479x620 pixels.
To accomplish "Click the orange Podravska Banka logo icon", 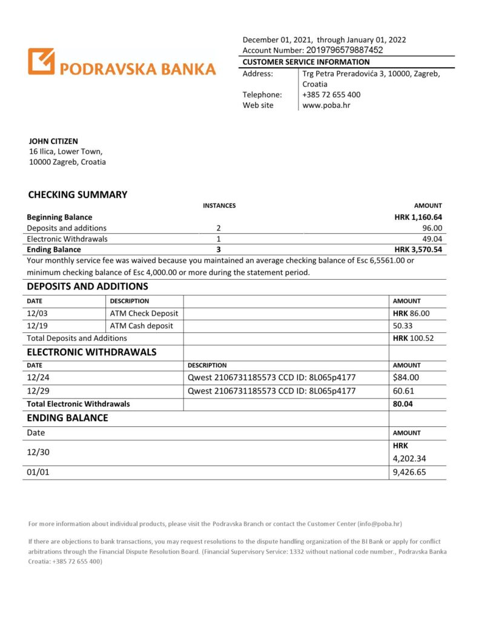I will click(41, 62).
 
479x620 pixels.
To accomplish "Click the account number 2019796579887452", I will click(345, 51).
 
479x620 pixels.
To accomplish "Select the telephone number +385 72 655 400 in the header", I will click(331, 94).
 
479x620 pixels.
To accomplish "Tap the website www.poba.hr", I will click(326, 105).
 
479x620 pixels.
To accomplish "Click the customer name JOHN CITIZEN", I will click(53, 141).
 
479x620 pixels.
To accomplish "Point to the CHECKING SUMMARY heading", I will click(78, 195).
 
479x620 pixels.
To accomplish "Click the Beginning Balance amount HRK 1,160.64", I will click(418, 217).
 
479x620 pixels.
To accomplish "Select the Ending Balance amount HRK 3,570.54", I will click(418, 249).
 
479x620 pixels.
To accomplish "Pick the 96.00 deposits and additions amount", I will click(432, 228).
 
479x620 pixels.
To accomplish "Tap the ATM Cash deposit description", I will click(141, 326).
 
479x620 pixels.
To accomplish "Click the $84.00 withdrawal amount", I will click(406, 378).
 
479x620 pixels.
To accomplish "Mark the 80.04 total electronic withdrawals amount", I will click(403, 403).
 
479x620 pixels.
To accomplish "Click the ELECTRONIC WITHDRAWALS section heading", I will click(91, 352).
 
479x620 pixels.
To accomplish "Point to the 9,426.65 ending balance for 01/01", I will click(409, 472).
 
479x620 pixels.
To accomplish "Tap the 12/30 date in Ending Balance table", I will click(37, 452).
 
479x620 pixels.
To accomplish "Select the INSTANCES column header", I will click(219, 206).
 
